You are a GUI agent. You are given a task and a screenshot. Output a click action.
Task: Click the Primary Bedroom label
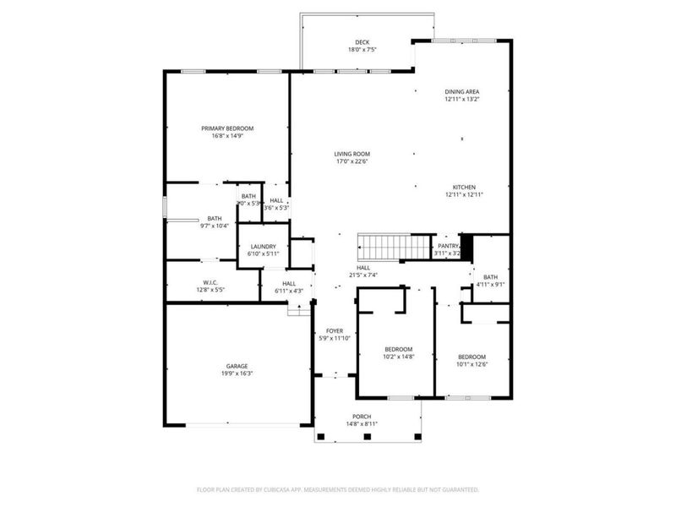(x=227, y=128)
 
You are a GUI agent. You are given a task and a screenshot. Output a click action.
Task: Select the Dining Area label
(x=462, y=91)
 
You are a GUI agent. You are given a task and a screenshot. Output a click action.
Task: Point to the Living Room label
(x=352, y=154)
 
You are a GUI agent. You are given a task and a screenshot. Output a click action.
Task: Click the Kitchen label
(x=464, y=187)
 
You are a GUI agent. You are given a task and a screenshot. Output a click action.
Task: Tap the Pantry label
(x=448, y=246)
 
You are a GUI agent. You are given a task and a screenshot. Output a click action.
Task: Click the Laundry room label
(x=264, y=247)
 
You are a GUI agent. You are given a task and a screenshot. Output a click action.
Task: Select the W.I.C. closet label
(x=210, y=282)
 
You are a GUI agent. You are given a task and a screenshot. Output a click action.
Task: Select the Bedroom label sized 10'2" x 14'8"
(x=399, y=349)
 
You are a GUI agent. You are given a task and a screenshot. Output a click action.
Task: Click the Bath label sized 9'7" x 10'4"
(x=215, y=219)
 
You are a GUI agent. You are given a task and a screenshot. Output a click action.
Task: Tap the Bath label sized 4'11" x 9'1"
(x=491, y=277)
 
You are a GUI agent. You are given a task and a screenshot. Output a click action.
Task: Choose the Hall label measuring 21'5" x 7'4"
(x=363, y=267)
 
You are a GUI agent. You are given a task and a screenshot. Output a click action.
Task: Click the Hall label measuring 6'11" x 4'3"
(x=289, y=284)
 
